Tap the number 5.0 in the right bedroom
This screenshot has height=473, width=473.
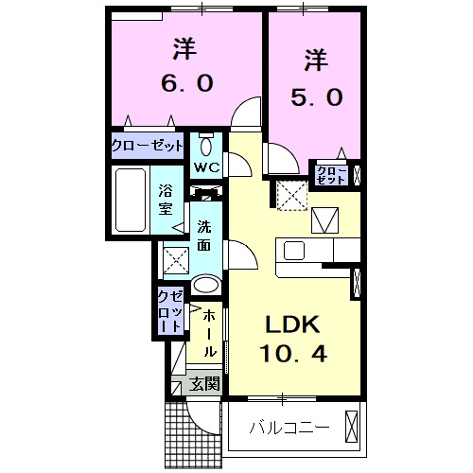[x=315, y=96]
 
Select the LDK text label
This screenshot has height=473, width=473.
[x=291, y=325]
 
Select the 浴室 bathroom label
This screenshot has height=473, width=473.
[x=166, y=201]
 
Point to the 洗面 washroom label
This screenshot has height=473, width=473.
[x=204, y=235]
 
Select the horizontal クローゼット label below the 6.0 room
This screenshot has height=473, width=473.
[x=147, y=147]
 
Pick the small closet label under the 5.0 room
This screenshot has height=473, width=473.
[x=331, y=174]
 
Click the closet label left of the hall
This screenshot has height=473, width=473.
[x=171, y=311]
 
